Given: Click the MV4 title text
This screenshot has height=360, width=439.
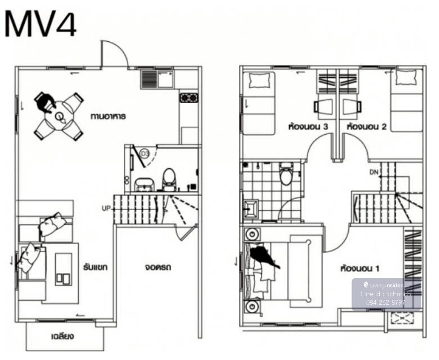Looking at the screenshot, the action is (x=40, y=25).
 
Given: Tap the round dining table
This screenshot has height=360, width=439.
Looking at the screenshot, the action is (x=60, y=116).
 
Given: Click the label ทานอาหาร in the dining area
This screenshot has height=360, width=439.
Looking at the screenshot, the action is (x=108, y=116).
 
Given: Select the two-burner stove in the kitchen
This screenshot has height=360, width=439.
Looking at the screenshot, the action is (x=189, y=97).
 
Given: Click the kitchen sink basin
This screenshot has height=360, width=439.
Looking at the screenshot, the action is (x=165, y=79).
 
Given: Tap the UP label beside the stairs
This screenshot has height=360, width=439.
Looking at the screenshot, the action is (x=106, y=208).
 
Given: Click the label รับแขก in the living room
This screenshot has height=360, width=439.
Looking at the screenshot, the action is (x=95, y=267).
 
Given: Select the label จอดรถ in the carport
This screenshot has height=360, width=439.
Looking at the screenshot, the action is (x=158, y=267).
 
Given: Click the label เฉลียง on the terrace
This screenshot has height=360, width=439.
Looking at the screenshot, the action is (x=62, y=336).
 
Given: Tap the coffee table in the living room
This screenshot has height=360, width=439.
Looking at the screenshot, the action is (x=64, y=269).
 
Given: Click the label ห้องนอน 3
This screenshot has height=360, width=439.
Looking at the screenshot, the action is (x=308, y=126).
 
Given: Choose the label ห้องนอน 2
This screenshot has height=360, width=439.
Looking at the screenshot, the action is (x=367, y=126).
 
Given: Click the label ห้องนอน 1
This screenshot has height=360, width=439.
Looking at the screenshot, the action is (x=360, y=268).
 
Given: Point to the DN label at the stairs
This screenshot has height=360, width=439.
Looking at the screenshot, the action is (x=374, y=172).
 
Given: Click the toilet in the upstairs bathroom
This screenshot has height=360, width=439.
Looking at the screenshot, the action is (x=286, y=174).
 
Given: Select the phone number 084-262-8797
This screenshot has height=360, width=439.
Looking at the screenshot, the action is (x=386, y=302).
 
